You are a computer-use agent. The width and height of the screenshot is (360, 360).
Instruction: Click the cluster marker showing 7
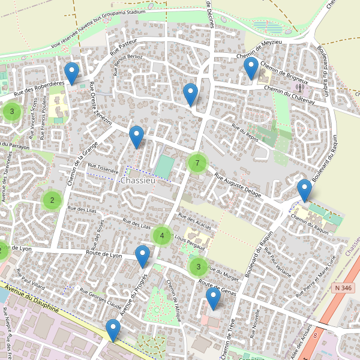(197, 163)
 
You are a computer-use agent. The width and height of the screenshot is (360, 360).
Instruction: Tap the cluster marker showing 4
(162, 236)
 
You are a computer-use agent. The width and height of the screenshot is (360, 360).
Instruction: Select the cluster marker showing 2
(52, 200)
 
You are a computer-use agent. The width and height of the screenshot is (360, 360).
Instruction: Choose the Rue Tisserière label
(103, 169)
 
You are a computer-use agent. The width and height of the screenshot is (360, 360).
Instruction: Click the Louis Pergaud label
(189, 238)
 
